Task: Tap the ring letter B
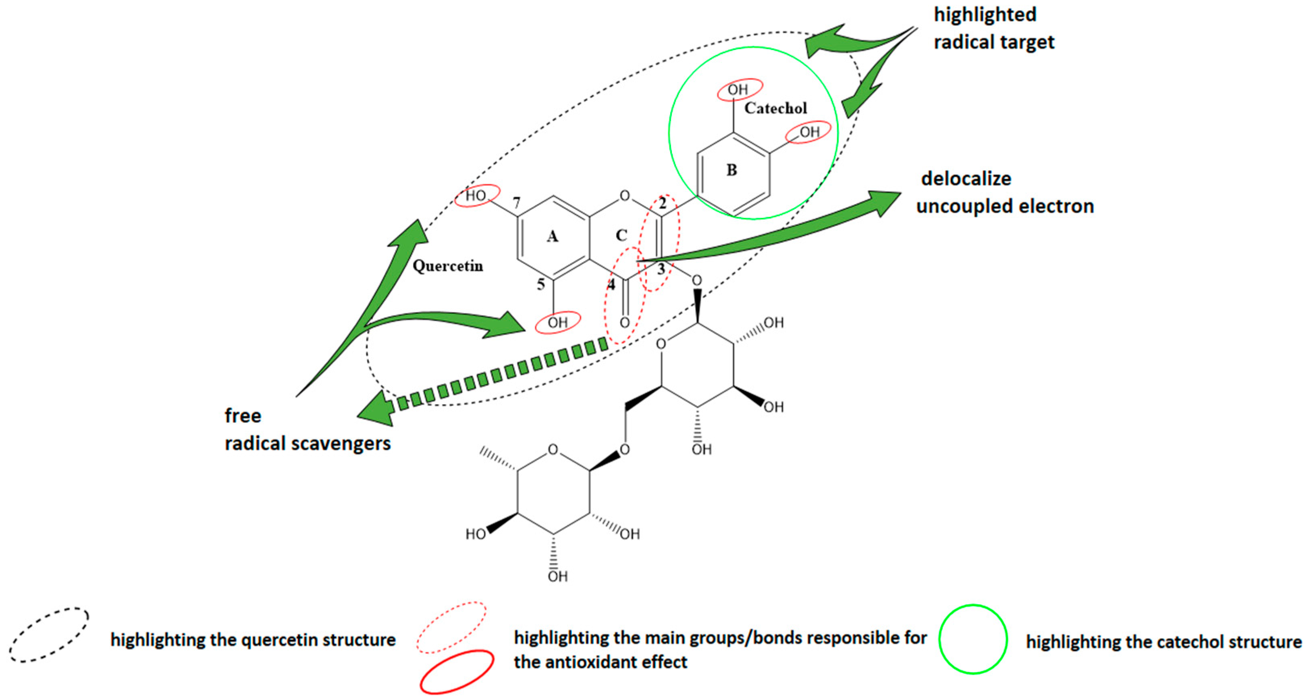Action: [731, 170]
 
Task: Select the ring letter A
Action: [553, 236]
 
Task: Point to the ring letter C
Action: [621, 236]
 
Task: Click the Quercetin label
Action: [447, 266]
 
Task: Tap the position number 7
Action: [517, 202]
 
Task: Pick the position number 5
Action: [541, 284]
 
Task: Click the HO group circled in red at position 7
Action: [476, 196]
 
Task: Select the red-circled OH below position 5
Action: [558, 322]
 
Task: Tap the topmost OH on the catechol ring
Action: [738, 90]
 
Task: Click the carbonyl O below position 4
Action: [625, 322]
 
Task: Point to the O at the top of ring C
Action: [625, 196]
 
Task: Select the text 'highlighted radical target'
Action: [993, 28]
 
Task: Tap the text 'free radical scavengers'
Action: [307, 430]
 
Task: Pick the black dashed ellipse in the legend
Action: [49, 634]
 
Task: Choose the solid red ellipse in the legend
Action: [457, 671]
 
